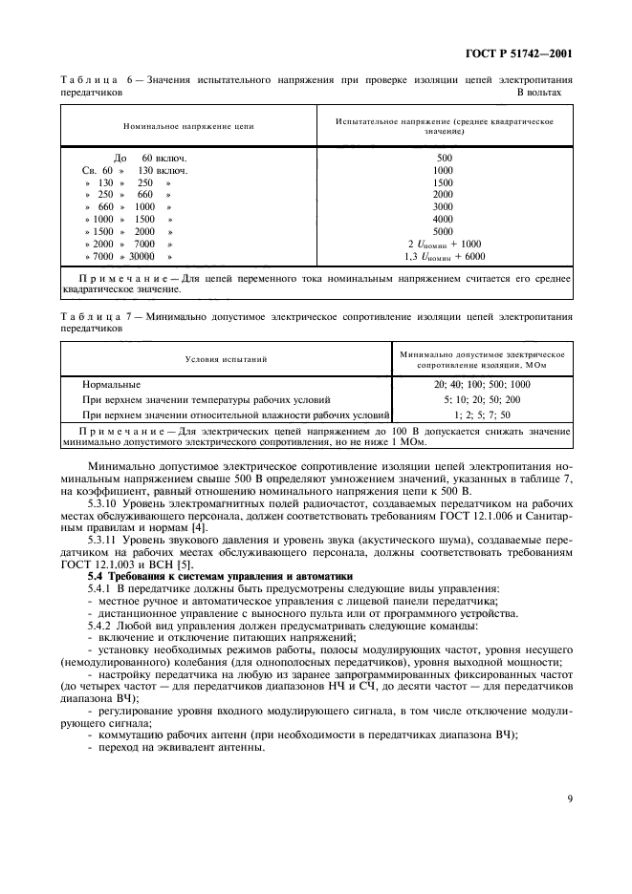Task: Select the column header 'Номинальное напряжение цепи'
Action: (188, 126)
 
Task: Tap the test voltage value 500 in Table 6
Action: (444, 157)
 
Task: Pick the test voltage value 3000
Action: (444, 206)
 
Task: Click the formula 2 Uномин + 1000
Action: (445, 244)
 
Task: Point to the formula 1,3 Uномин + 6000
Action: (445, 256)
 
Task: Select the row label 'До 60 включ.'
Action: (148, 157)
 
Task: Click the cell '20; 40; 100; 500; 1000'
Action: (482, 384)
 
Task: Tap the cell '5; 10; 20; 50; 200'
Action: (482, 399)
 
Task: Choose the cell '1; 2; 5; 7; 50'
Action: (482, 415)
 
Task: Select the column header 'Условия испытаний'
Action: (226, 359)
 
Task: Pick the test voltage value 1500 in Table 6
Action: (444, 181)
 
